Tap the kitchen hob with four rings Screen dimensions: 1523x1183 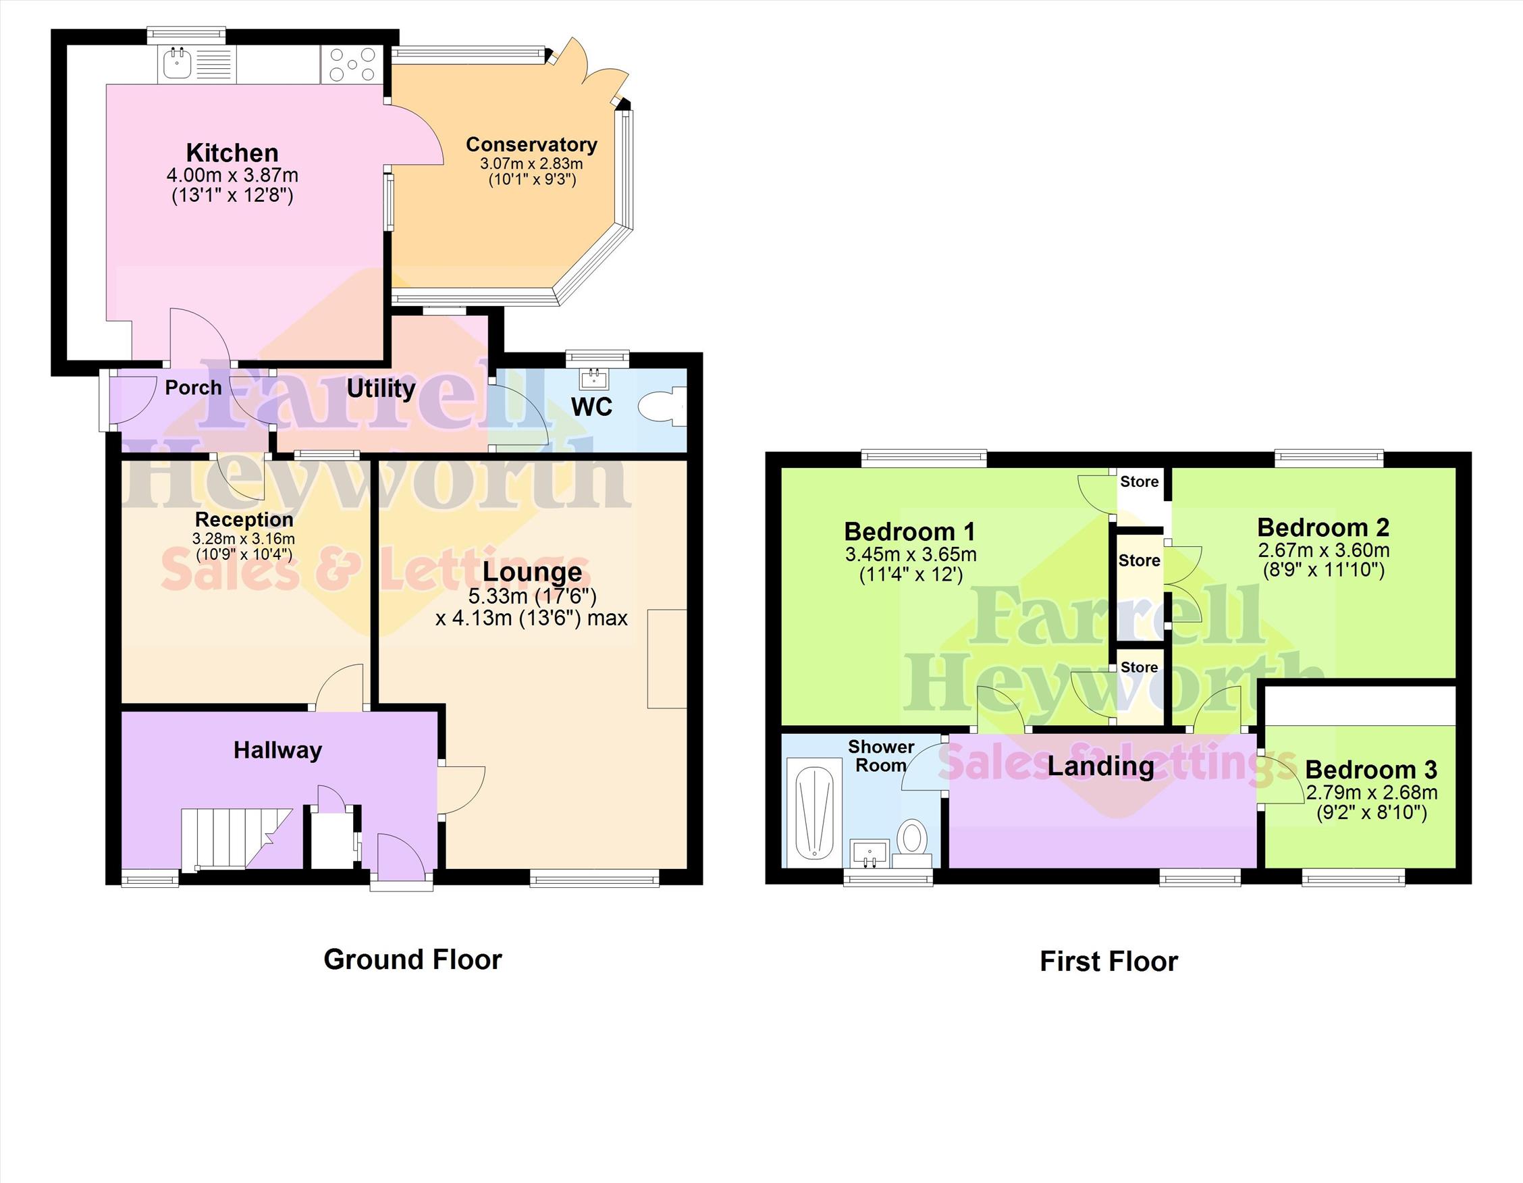(352, 64)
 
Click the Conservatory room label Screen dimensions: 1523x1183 (531, 144)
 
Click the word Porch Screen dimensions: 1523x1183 (193, 388)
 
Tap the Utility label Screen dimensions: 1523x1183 (381, 388)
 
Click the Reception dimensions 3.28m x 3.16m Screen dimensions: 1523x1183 (244, 538)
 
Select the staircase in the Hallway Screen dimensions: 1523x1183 (237, 839)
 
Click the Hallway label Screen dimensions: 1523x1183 (277, 751)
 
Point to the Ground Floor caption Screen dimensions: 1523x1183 (413, 959)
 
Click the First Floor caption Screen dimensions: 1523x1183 (1108, 962)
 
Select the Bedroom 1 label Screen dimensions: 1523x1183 (909, 531)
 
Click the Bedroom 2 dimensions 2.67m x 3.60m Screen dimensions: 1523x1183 (1324, 550)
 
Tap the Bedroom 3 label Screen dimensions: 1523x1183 (1371, 770)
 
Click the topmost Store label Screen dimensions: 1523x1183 (1140, 481)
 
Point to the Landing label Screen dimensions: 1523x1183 (1100, 766)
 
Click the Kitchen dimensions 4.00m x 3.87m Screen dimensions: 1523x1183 (232, 176)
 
